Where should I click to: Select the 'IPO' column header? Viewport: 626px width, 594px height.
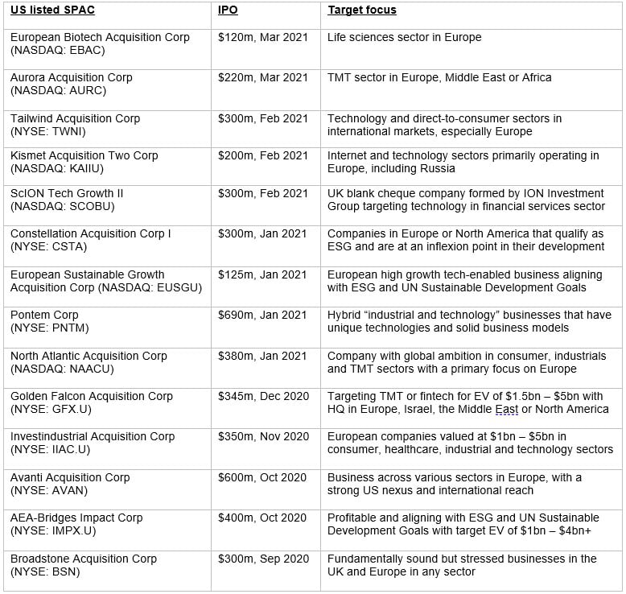coord(228,10)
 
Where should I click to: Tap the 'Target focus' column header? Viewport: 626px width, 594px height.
coord(362,10)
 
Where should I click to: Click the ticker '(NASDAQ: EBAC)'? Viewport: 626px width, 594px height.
coord(58,50)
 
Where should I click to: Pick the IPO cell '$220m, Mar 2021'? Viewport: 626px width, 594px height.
coord(263,77)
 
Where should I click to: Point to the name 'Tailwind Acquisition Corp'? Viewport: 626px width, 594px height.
coord(75,118)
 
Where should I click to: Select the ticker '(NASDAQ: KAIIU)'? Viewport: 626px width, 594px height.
coord(57,168)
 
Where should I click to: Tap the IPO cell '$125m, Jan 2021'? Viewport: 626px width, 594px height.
coord(262,274)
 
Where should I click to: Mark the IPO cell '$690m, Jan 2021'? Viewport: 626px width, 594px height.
coord(262,315)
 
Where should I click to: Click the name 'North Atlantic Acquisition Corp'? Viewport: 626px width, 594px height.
coord(89,356)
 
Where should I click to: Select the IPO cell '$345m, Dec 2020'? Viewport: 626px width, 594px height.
coord(262,396)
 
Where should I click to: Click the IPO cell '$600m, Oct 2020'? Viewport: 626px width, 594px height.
coord(262,477)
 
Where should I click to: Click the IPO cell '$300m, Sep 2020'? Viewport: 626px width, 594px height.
coord(262,559)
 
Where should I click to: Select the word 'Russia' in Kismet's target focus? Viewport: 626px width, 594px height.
coord(438,168)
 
